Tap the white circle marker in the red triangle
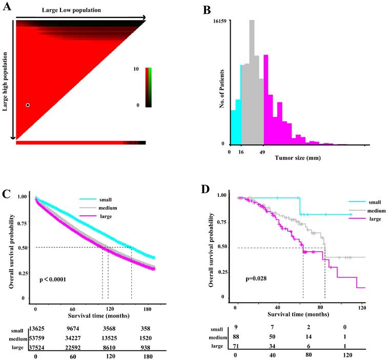[28, 105]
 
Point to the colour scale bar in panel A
[148, 87]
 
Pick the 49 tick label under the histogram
[263, 152]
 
